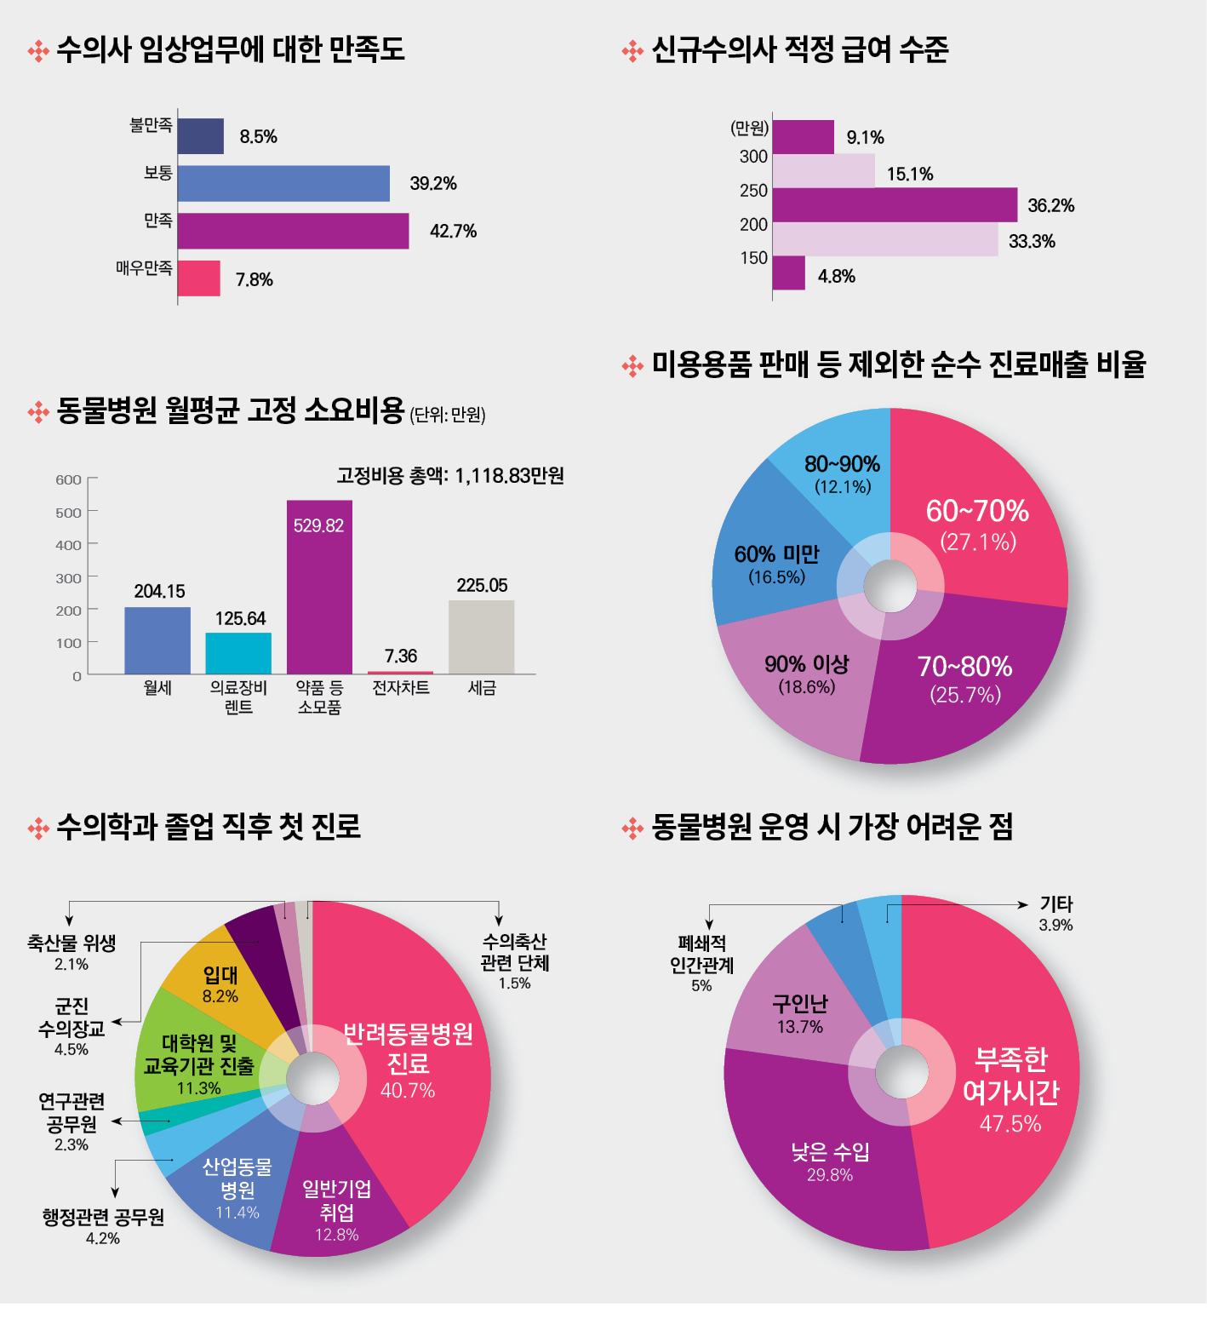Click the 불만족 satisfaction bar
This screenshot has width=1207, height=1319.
pos(201,136)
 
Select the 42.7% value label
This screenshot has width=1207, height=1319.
pos(453,231)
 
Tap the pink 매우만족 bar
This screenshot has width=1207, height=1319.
pos(199,278)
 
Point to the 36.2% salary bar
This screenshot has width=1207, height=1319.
pos(894,204)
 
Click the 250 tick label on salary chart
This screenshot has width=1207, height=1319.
pos(753,190)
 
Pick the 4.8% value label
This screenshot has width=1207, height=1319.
pos(836,276)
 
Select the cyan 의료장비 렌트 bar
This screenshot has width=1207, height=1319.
pos(238,653)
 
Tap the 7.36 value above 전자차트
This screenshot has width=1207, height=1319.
pos(400,656)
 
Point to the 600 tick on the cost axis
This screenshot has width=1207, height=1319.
pos(69,479)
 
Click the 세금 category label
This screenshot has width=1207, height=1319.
pos(482,687)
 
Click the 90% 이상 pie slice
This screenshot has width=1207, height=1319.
pos(800,690)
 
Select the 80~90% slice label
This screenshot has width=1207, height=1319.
pos(842,473)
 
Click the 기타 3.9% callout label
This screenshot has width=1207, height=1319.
pos(1055,914)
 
